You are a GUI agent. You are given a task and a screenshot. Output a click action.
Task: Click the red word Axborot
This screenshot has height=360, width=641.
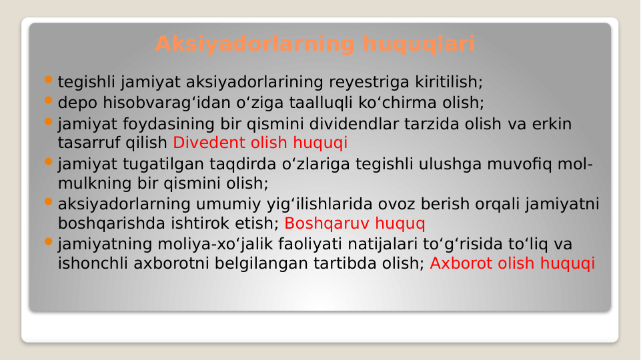click(x=462, y=263)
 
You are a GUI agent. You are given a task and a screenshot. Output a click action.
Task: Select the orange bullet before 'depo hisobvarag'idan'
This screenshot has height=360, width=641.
click(x=48, y=101)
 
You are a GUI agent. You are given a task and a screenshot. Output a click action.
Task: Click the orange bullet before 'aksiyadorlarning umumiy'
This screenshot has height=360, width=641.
click(x=48, y=201)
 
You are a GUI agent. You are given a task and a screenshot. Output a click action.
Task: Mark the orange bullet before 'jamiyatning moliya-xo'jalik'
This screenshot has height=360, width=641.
click(x=48, y=242)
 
